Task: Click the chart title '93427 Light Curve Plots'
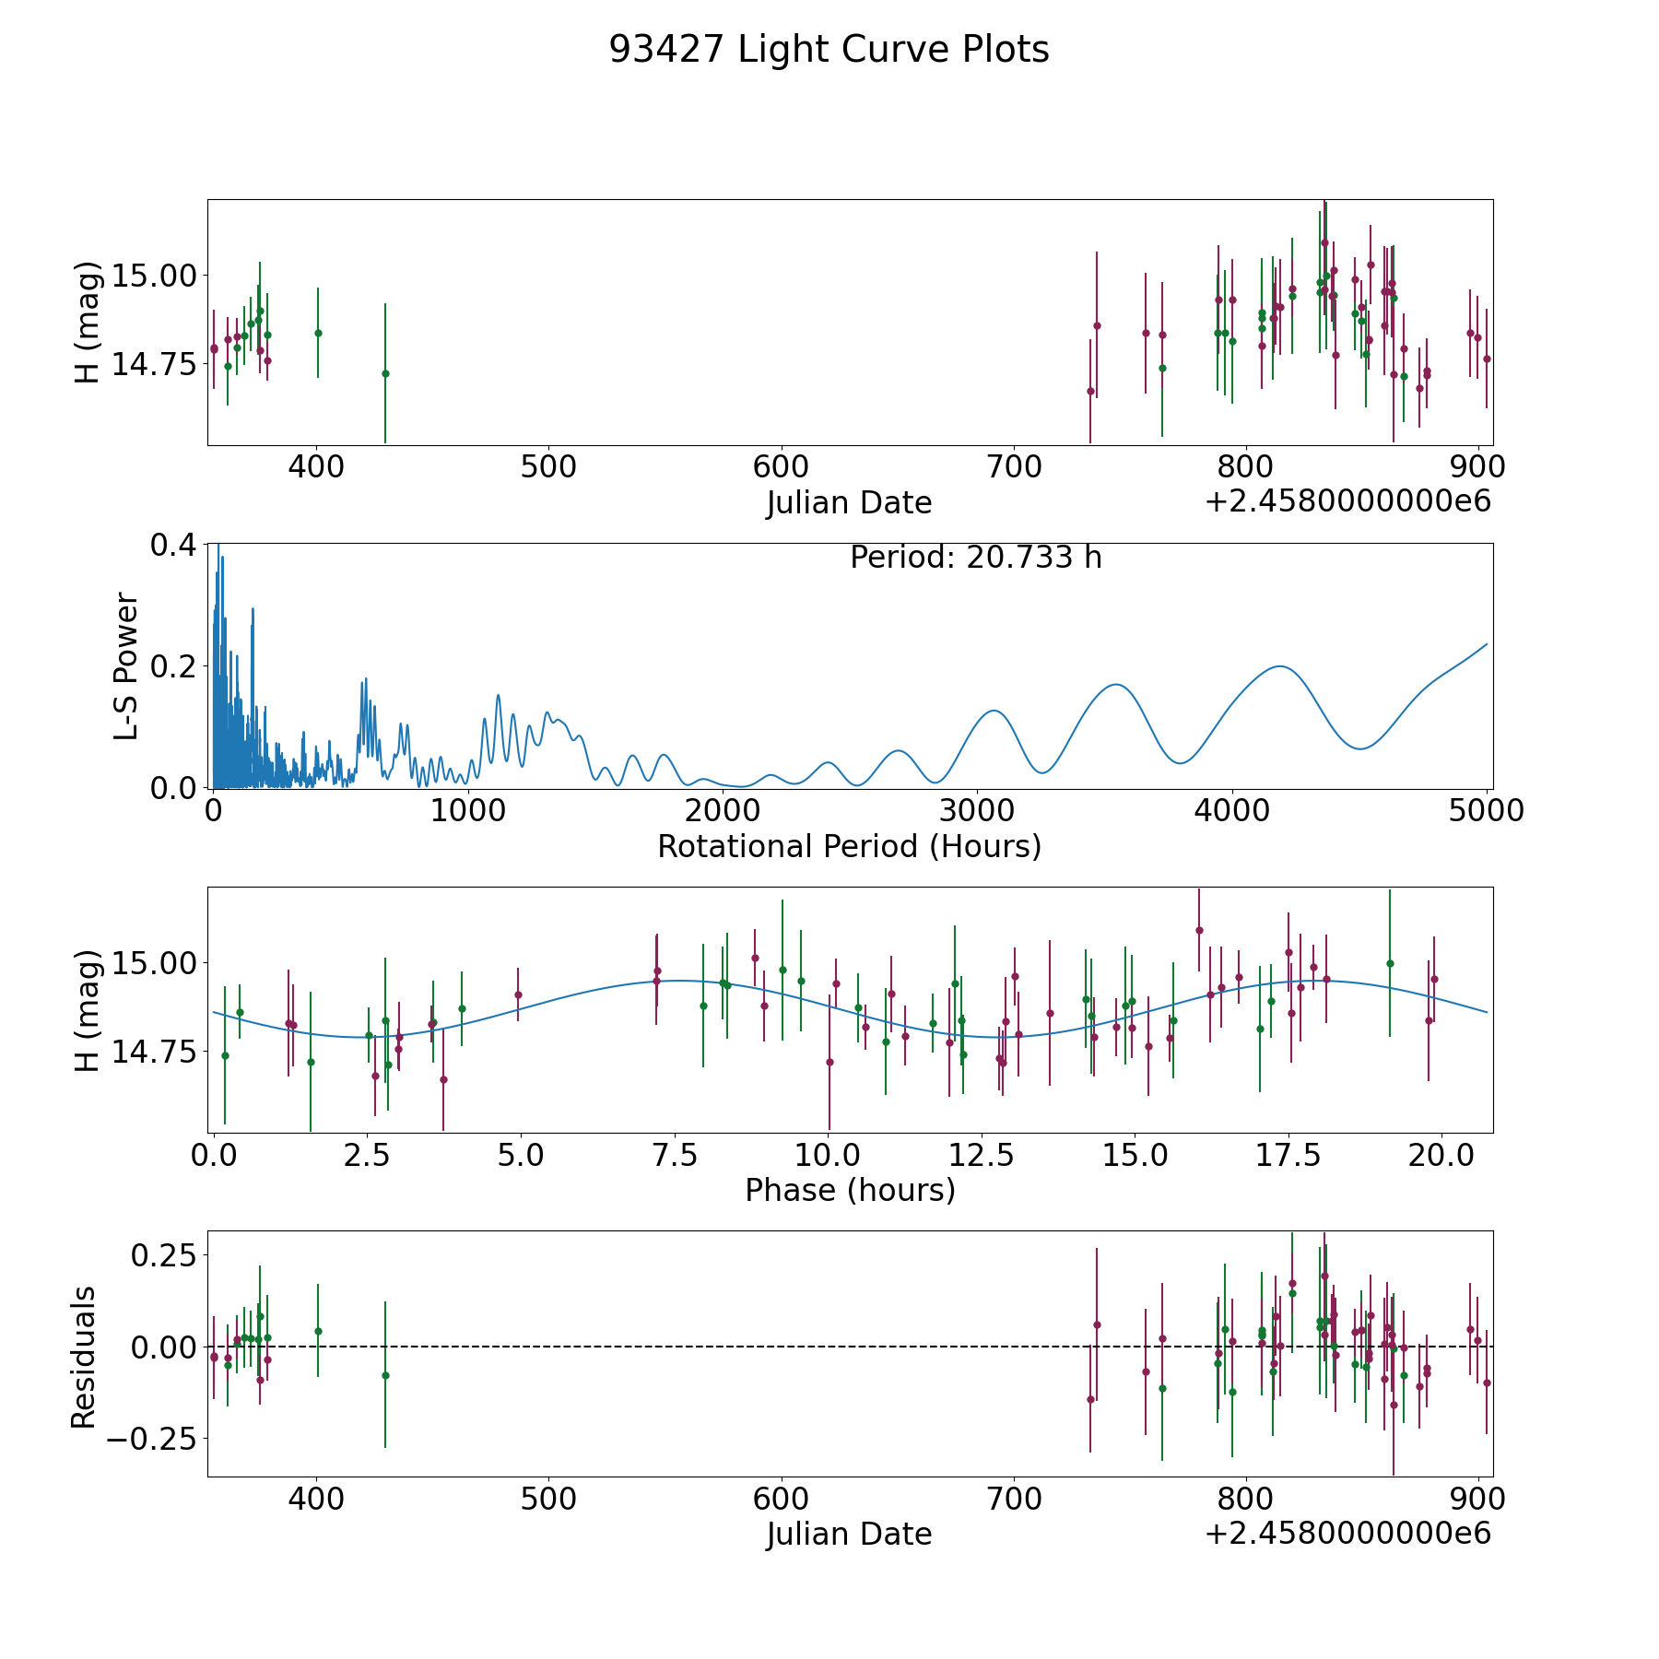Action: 829,50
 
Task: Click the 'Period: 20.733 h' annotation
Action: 975,558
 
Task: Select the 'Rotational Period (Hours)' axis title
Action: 849,846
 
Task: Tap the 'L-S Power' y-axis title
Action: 126,665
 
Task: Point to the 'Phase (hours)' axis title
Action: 849,1190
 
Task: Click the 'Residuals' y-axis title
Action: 84,1357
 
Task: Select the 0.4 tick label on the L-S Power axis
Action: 173,545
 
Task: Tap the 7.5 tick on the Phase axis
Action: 675,1155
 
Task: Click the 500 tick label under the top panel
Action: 548,467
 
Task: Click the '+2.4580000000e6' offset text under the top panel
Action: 1347,502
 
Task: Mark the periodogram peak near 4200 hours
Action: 1280,666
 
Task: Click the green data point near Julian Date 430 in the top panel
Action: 385,373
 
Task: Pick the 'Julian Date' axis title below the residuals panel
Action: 849,1534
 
